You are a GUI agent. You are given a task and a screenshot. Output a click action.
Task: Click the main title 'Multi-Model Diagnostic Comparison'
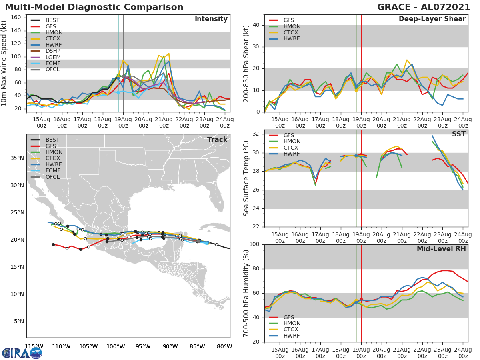(94, 7)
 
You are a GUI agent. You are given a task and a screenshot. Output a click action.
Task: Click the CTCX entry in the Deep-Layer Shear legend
(292, 32)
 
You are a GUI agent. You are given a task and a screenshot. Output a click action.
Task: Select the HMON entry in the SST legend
(292, 142)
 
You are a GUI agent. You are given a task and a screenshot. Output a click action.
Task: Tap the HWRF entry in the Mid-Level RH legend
(292, 336)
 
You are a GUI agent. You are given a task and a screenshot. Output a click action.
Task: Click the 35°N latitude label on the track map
(16, 158)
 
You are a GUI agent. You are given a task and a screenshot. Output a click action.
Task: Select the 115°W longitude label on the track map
(34, 346)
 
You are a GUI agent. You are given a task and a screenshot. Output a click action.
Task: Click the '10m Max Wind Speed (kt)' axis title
(5, 64)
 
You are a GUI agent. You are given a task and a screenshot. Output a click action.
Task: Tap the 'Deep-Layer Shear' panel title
(432, 19)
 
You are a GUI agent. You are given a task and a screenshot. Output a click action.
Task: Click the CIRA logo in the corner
(22, 353)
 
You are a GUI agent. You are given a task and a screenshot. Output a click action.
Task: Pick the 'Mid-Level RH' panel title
(441, 249)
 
